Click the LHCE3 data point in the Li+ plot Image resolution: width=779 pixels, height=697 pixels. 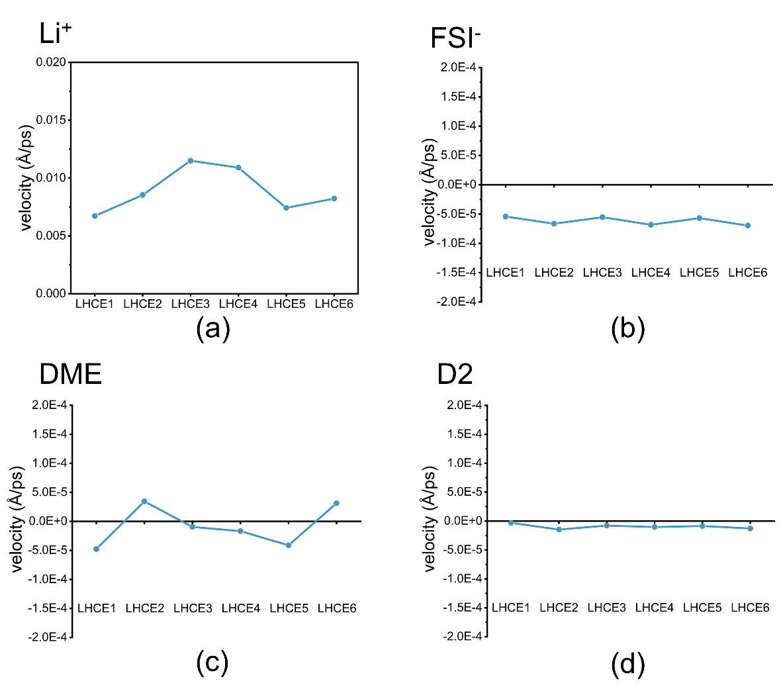tap(191, 161)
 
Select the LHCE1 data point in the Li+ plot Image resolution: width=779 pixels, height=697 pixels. tap(95, 216)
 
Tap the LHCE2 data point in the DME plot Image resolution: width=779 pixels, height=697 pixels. tap(144, 501)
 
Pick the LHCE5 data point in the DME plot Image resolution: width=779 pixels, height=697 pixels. tap(289, 545)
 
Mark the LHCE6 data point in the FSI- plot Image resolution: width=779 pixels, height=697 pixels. tap(748, 226)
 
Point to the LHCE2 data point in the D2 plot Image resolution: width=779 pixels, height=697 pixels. tap(559, 530)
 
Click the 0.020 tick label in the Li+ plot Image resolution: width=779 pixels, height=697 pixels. tap(51, 62)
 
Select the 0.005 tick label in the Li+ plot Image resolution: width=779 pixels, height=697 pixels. tap(51, 236)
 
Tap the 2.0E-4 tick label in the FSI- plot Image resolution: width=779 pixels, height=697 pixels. tap(458, 68)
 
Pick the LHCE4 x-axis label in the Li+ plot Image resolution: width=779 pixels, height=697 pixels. tap(238, 304)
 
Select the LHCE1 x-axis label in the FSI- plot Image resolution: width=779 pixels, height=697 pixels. tap(506, 273)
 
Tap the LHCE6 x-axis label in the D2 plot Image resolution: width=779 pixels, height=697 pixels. tap(750, 608)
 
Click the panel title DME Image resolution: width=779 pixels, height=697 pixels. tap(71, 375)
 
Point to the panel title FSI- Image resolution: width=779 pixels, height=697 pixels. tap(455, 38)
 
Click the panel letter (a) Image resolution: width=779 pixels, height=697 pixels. tap(212, 329)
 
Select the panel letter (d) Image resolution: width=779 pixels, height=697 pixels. tap(627, 664)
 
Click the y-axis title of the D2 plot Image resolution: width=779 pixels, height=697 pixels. tap(430, 520)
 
